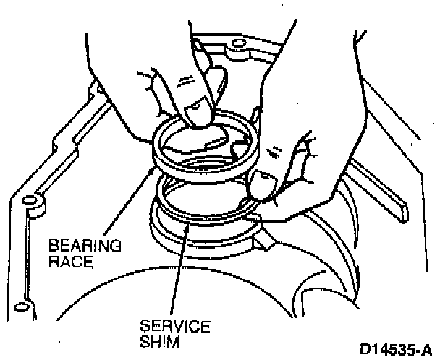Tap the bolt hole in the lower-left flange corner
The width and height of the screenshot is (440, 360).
click(x=30, y=202)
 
